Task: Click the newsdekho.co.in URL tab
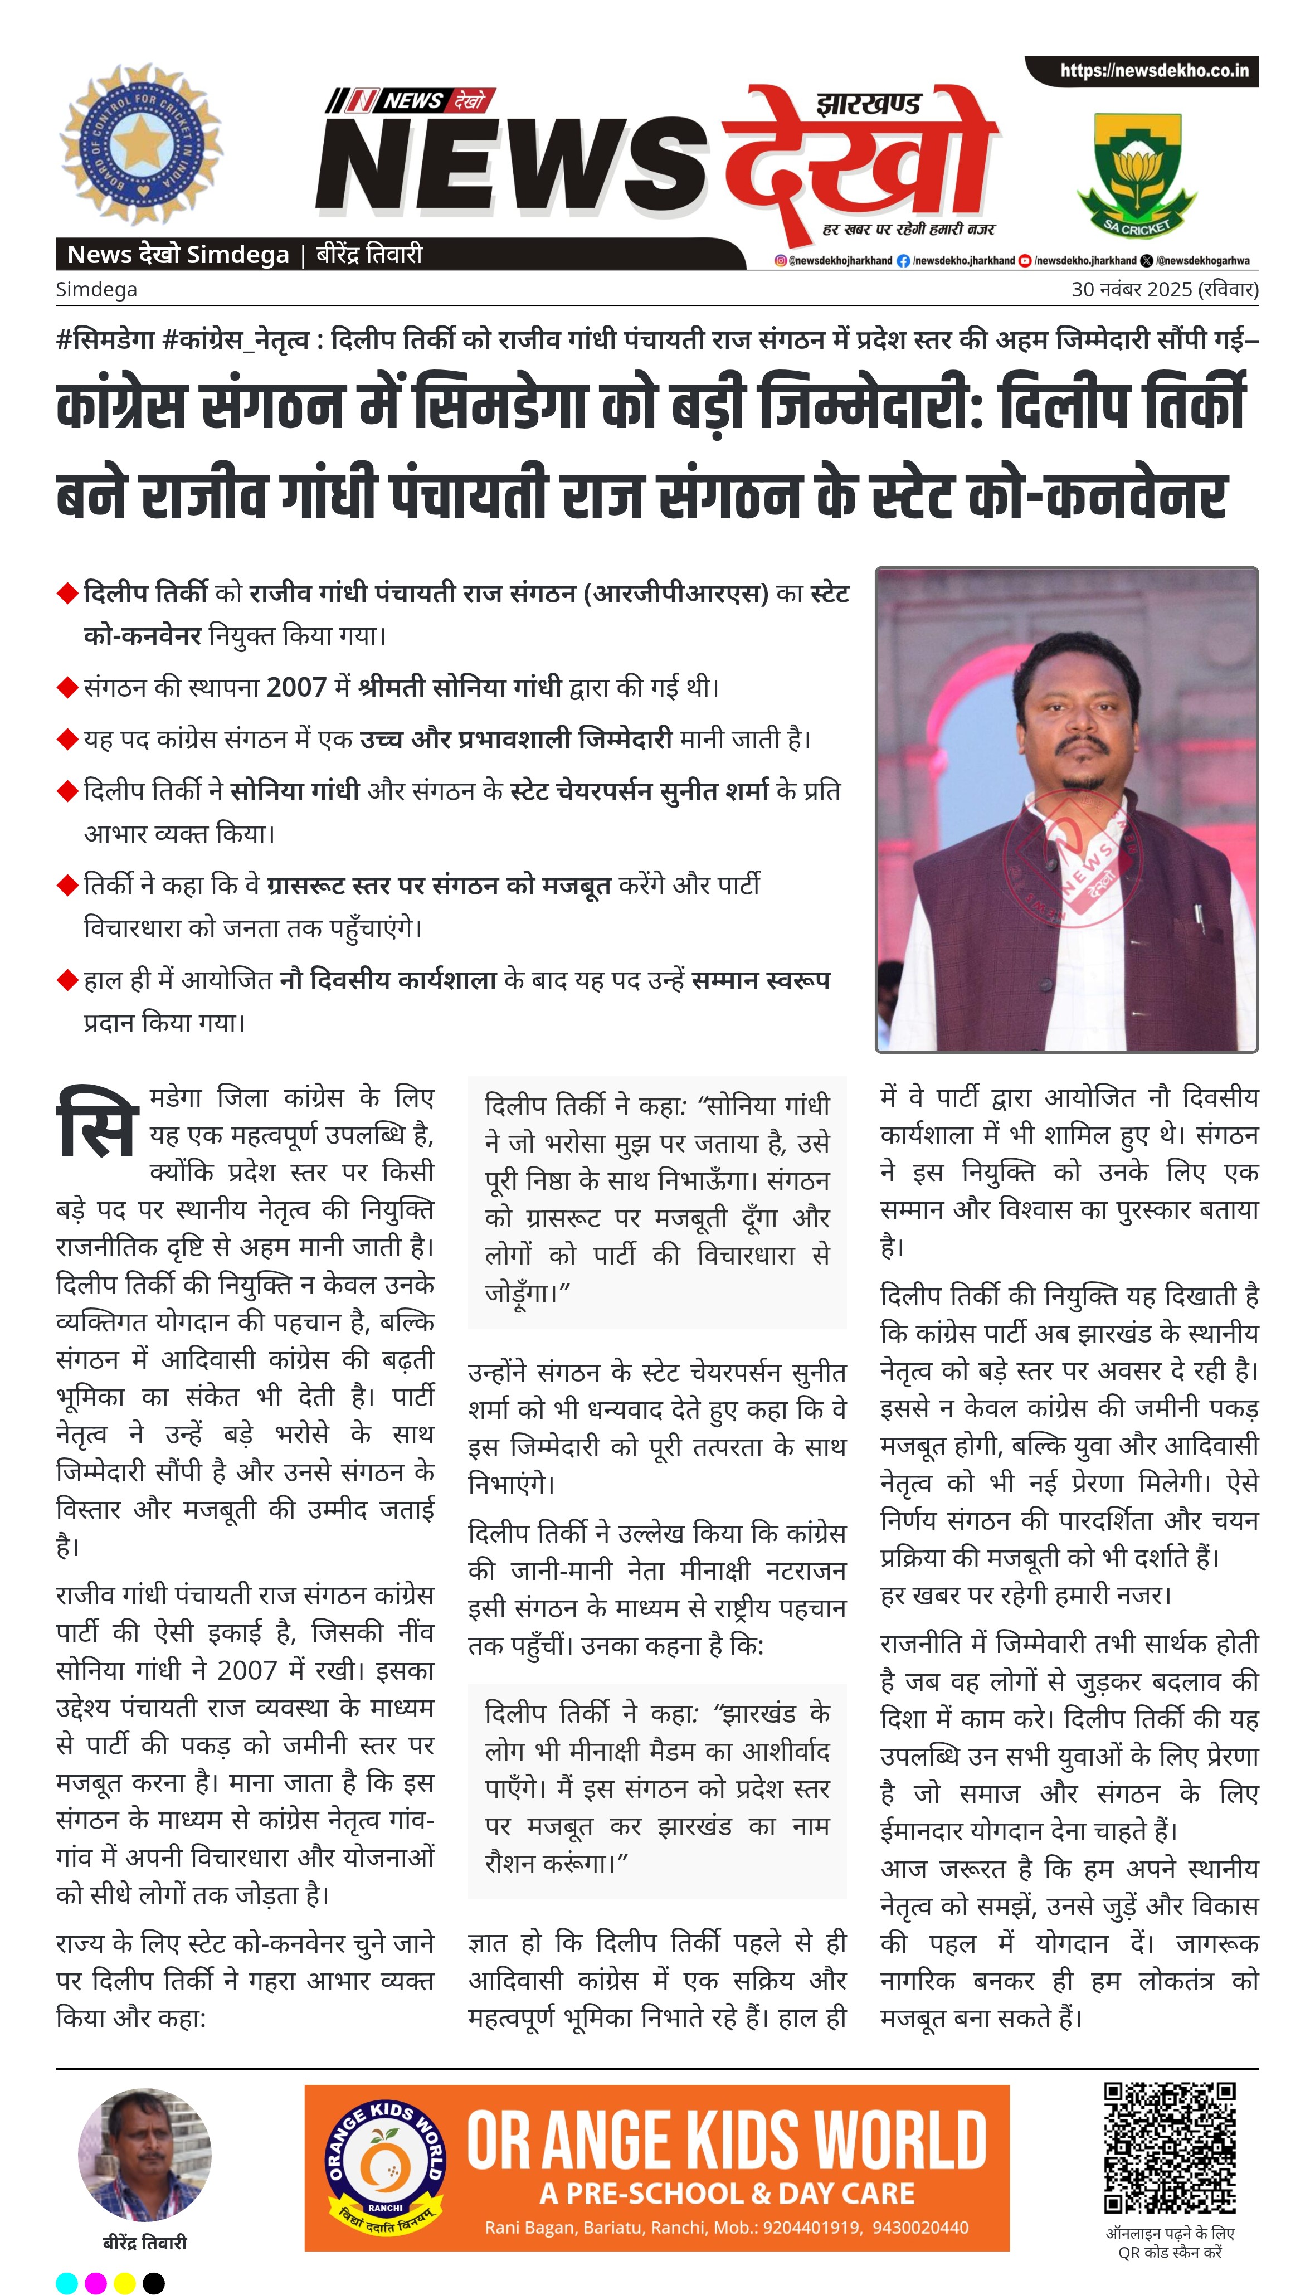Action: click(x=1153, y=70)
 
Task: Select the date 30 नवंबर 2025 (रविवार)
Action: click(x=1164, y=290)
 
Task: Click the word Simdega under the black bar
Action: click(x=96, y=290)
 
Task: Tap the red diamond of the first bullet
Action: click(x=67, y=594)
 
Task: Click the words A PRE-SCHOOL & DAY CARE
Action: click(x=727, y=2194)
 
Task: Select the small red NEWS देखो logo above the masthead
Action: click(x=411, y=100)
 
